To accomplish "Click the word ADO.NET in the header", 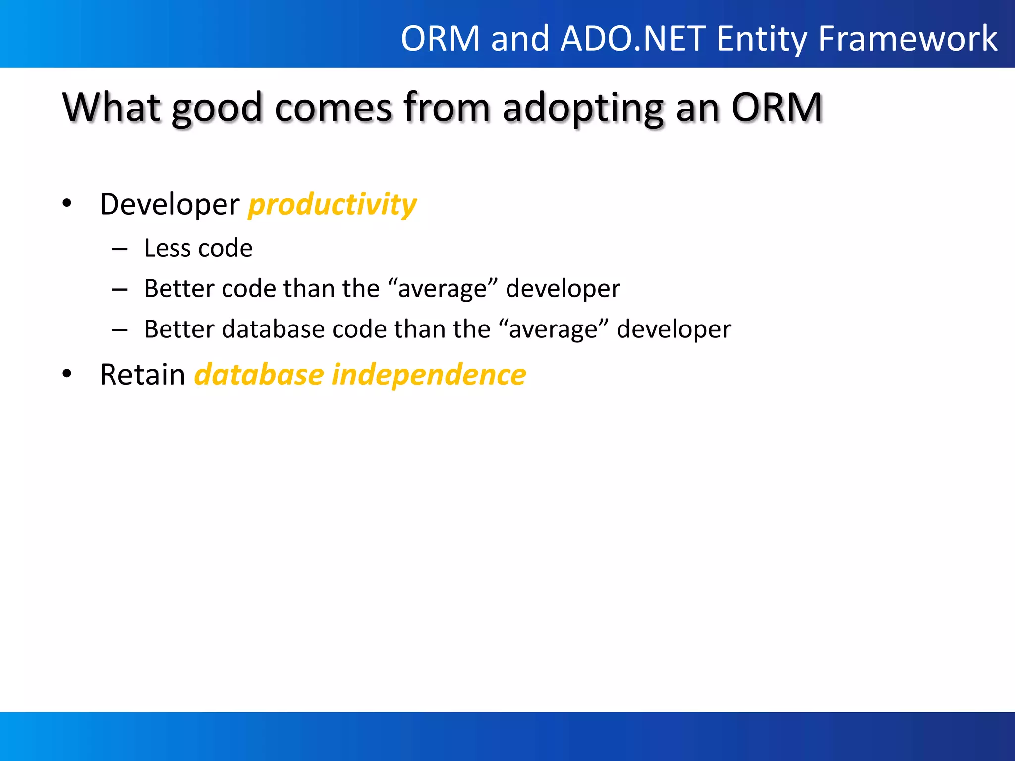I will pos(633,39).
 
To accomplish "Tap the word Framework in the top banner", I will pos(907,39).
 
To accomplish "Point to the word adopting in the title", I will pos(583,108).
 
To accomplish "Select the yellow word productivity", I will pos(333,204).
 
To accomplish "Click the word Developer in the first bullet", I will pos(169,204).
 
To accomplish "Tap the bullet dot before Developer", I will pos(67,203).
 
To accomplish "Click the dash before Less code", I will pos(119,249).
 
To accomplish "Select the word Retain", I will pos(142,375).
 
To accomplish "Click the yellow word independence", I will pos(429,375).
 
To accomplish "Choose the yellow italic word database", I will pos(259,375).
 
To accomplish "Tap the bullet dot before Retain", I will pos(67,374).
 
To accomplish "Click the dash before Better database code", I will pos(119,330).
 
